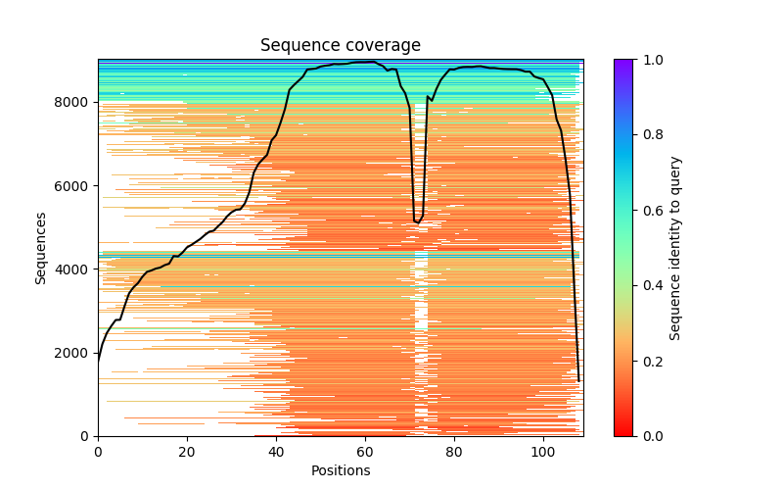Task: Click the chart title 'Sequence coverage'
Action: click(340, 46)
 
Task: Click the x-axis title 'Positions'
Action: click(340, 470)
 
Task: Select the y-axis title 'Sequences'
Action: click(41, 248)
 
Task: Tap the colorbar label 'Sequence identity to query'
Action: click(675, 248)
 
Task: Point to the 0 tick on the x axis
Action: click(98, 452)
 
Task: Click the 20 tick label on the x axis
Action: click(187, 452)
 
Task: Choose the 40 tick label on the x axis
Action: click(276, 452)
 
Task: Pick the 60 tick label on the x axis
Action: click(365, 452)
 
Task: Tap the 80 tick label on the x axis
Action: click(454, 452)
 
